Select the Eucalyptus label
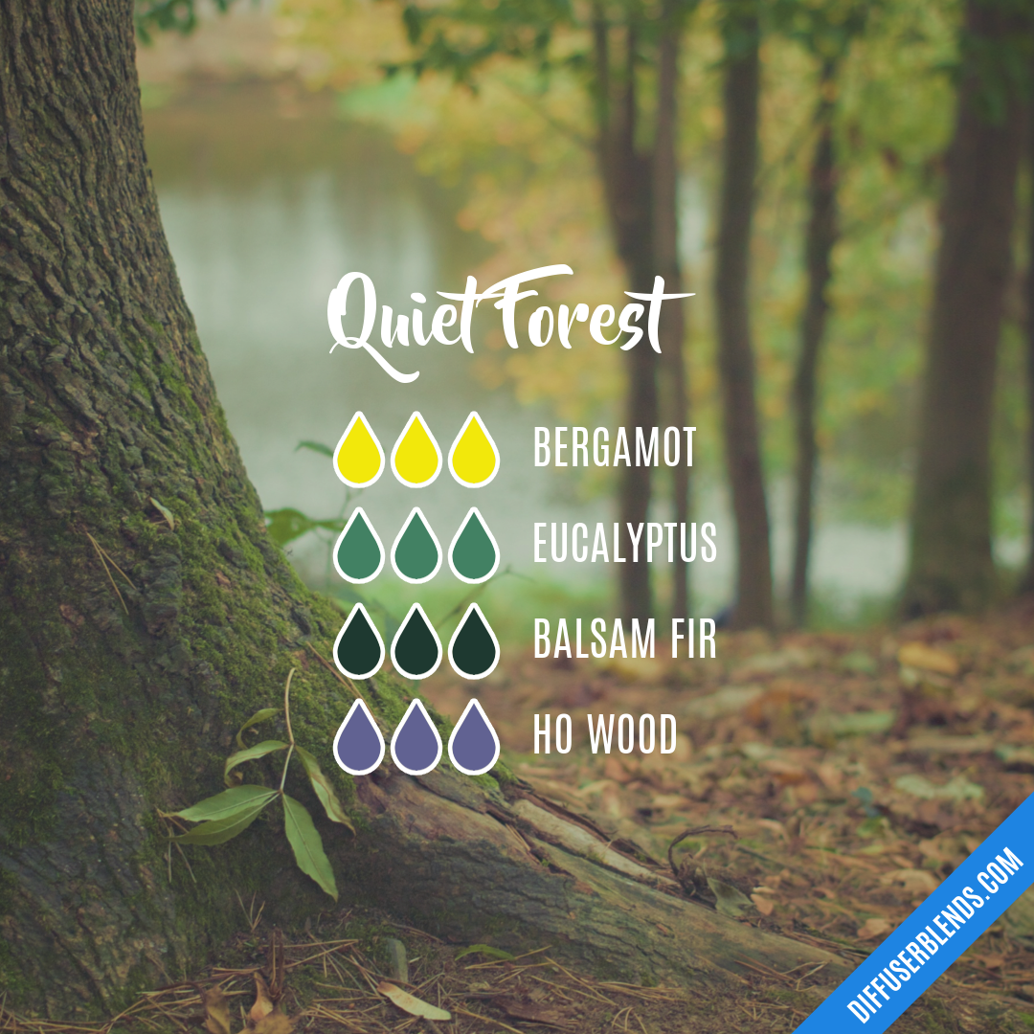(x=624, y=545)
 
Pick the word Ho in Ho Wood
(x=552, y=735)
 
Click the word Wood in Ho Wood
(x=631, y=735)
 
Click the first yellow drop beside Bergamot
(x=359, y=451)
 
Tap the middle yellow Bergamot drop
(x=416, y=451)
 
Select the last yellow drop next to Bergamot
(x=474, y=451)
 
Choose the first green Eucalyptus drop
(x=359, y=547)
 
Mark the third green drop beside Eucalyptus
(x=474, y=547)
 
